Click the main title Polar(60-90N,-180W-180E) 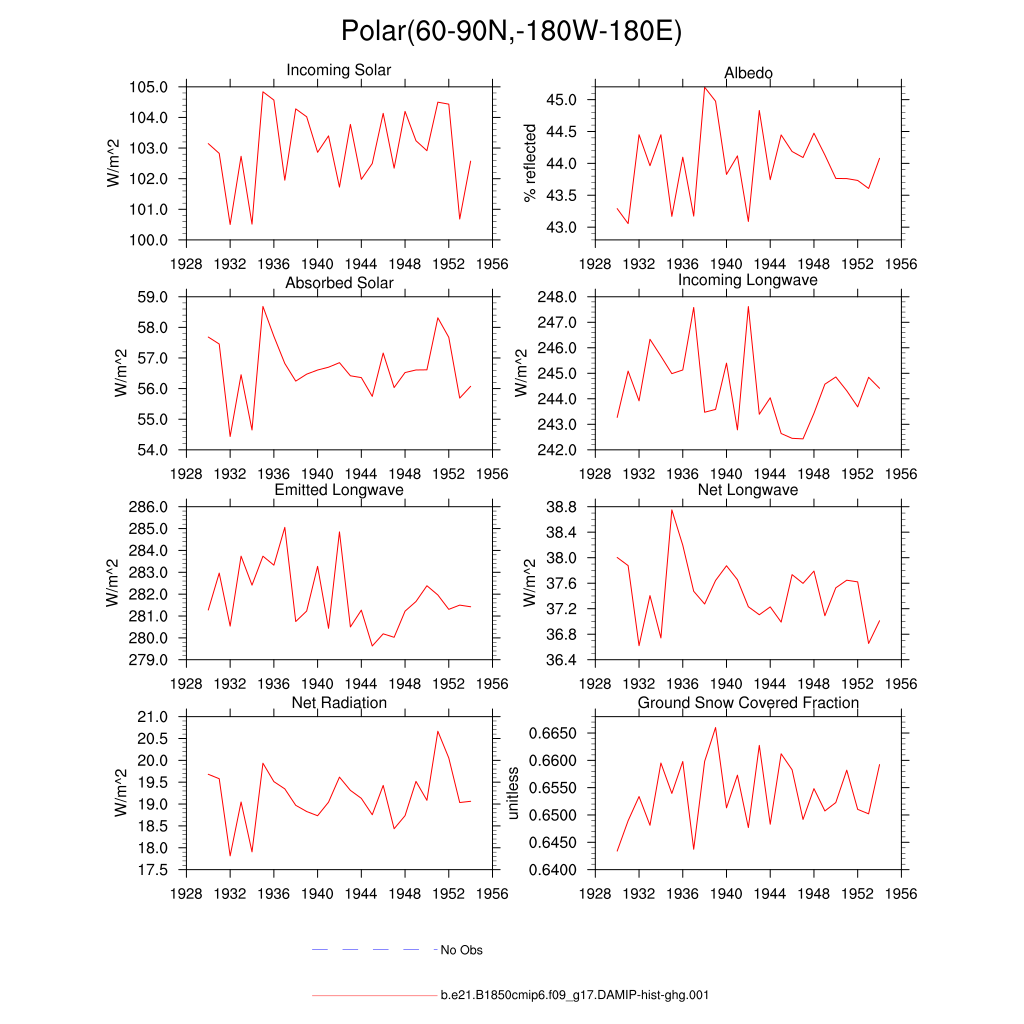coord(511,31)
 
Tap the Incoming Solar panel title coord(338,71)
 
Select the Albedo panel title coord(748,73)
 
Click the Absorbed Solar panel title coord(339,283)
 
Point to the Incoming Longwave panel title coord(748,280)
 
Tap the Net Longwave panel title coord(748,490)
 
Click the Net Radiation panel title coord(339,703)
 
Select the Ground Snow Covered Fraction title coord(748,703)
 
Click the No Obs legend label coord(462,950)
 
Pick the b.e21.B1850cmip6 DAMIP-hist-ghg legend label coord(575,996)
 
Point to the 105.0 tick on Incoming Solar coord(147,87)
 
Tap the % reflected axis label coord(530,163)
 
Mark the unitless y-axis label coord(514,793)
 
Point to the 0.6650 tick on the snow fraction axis coord(549,734)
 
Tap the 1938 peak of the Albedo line coord(704,87)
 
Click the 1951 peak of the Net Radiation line coord(437,731)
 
